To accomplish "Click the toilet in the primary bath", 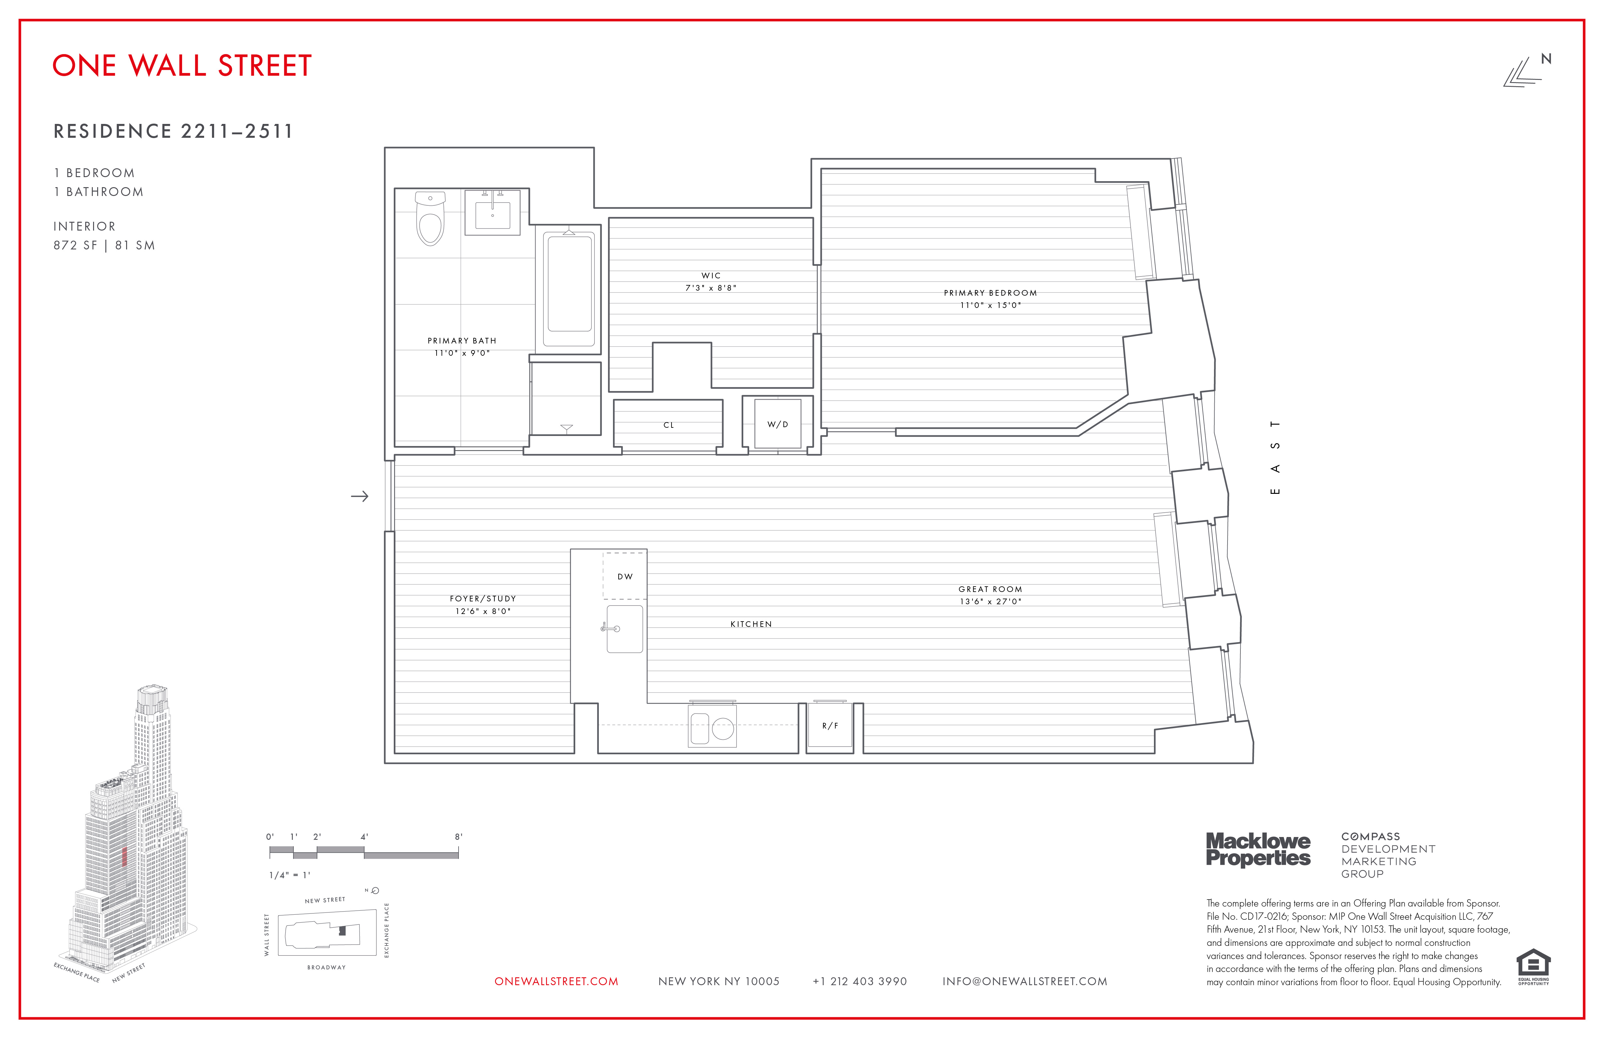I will click(430, 219).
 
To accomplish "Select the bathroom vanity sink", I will click(493, 214).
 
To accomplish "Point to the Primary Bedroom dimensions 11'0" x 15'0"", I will click(990, 305).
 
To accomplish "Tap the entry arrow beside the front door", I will click(360, 497).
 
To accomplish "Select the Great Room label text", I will click(990, 589).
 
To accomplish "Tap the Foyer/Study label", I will click(482, 599).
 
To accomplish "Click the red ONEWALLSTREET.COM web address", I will click(556, 981).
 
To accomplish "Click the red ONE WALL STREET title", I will click(182, 66).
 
